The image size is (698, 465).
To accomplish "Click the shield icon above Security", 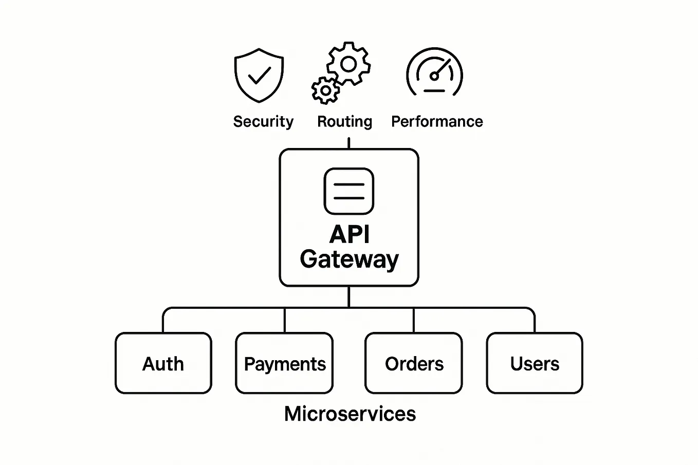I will pos(259,75).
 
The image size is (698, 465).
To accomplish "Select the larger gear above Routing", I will pos(348,64).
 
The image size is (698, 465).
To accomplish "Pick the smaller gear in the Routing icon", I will pos(325,91).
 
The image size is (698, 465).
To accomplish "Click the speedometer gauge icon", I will pos(434,73).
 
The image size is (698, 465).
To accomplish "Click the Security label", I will pos(263,122).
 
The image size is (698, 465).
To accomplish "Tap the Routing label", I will pos(344,122).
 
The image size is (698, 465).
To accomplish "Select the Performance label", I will pos(437,122).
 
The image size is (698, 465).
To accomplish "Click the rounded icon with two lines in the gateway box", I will pos(349,191).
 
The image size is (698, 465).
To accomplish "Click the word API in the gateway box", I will pos(350,235).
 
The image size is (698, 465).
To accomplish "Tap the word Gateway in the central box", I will pos(350,259).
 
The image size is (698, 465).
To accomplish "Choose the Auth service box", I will pos(163,363).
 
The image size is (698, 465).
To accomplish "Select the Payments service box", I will pos(284,363).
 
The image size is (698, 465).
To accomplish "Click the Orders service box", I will pos(414,363).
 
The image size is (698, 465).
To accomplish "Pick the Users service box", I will pos(535,363).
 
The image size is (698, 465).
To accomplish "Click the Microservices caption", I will pos(350,414).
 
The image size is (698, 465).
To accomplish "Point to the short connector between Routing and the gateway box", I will pos(348,143).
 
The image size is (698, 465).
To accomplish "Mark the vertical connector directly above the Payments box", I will pos(284,321).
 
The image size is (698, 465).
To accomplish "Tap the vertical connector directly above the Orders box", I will pos(413,321).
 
